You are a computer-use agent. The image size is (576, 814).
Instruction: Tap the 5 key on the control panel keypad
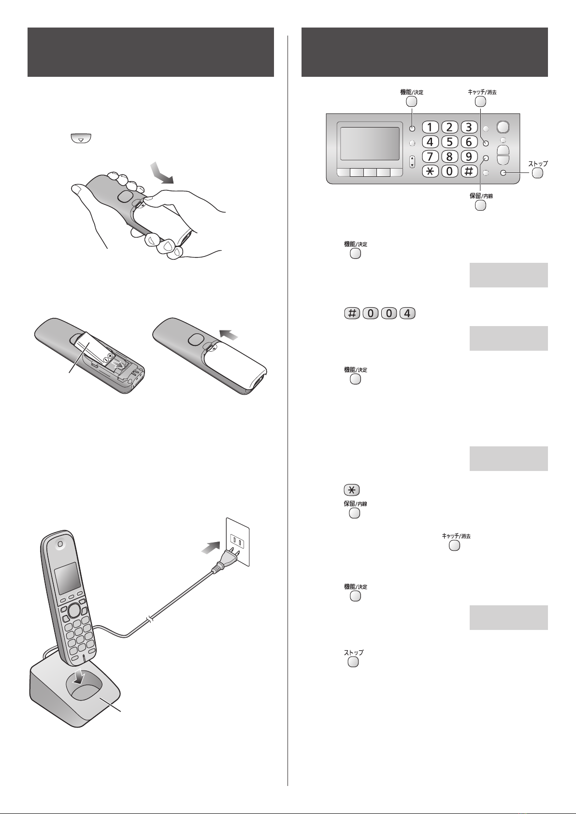pos(449,142)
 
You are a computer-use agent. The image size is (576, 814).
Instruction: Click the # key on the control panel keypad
pos(469,171)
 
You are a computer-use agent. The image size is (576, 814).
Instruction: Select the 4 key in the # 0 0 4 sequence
pos(407,313)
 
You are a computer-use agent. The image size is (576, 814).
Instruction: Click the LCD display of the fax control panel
pos(370,143)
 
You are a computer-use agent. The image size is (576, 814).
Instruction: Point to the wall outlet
pos(238,542)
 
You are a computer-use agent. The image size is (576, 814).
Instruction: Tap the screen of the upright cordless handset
pos(67,578)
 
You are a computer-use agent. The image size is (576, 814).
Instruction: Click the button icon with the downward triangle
pos(81,139)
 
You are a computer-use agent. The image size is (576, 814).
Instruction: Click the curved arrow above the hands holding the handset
pos(162,173)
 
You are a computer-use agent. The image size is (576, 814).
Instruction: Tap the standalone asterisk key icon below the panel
pos(351,490)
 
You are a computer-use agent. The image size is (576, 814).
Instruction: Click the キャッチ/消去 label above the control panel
pos(482,92)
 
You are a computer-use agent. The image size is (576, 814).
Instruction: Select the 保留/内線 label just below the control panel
pos(481,196)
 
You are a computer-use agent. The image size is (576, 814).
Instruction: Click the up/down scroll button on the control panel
pos(412,162)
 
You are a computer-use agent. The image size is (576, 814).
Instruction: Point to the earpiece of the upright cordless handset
pos(60,544)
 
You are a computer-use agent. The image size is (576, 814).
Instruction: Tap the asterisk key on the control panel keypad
pos(430,171)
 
